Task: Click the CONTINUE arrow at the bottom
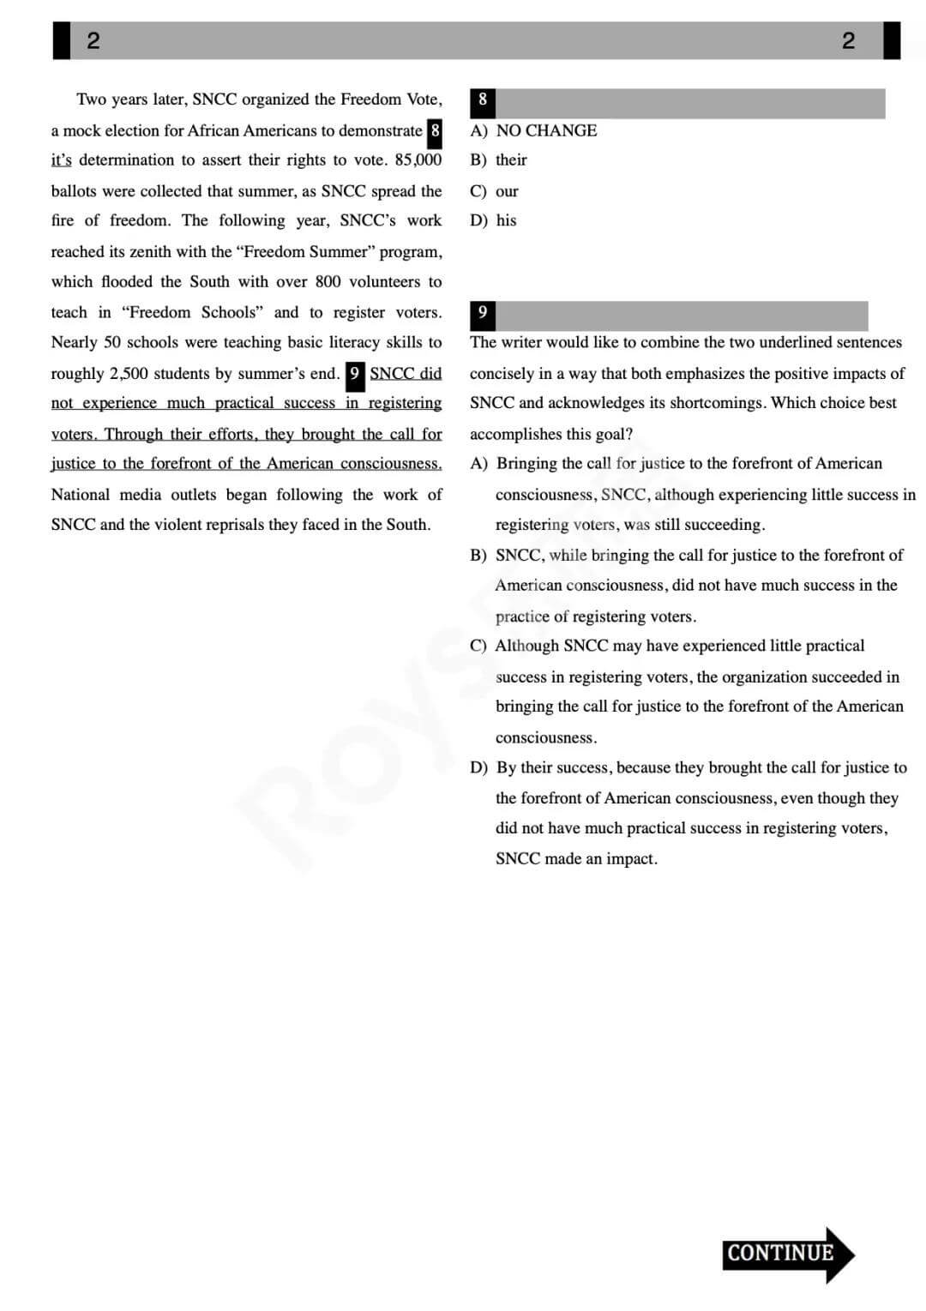tap(787, 1254)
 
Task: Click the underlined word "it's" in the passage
tap(61, 160)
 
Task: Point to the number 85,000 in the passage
tap(418, 160)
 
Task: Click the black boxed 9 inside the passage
tap(354, 374)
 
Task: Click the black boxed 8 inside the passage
tap(436, 131)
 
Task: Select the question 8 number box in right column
tap(483, 100)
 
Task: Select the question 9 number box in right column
tap(483, 313)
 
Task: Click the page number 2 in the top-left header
tap(93, 40)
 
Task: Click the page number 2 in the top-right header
tap(848, 40)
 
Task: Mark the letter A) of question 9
tap(478, 464)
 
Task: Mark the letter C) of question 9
tap(478, 646)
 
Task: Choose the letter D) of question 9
tap(478, 767)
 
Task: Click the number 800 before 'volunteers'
tap(328, 282)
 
